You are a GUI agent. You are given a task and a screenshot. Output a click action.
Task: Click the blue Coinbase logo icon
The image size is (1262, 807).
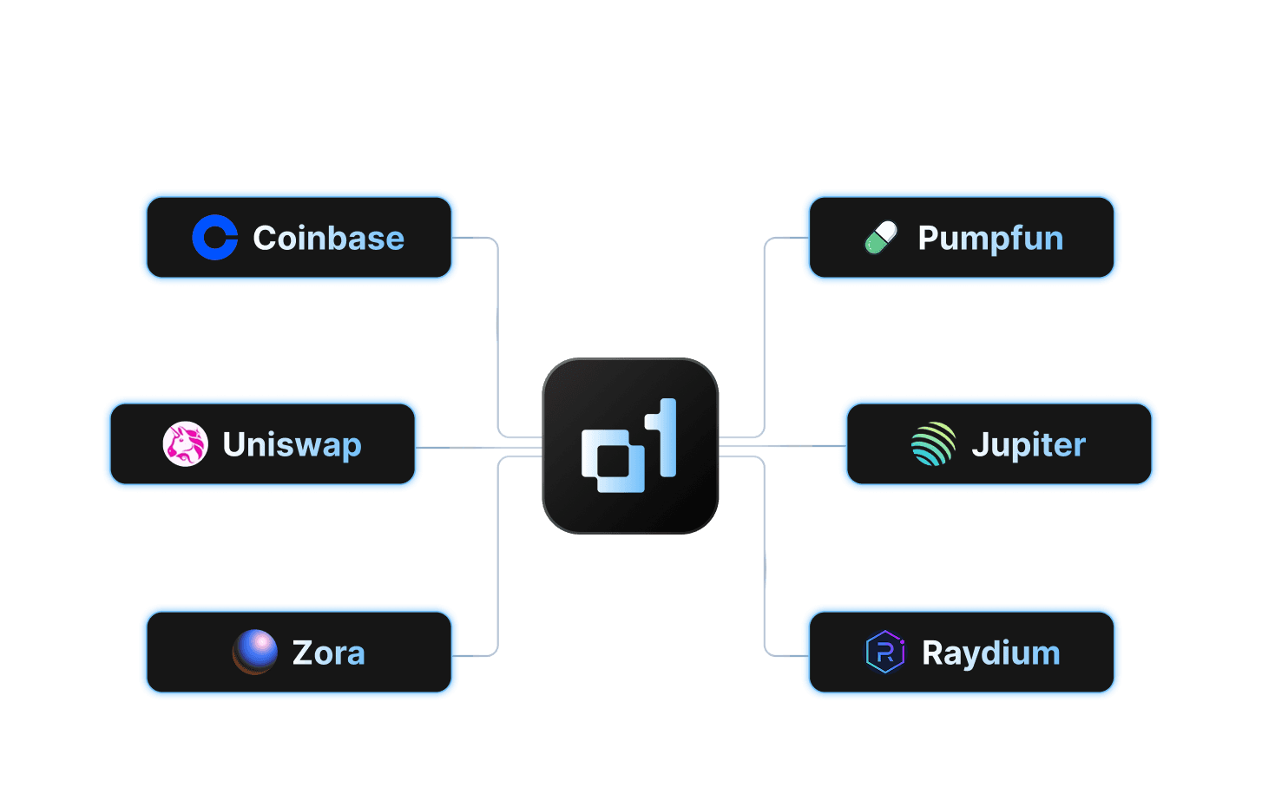click(x=214, y=238)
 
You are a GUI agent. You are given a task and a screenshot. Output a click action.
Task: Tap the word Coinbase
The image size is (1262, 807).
click(x=328, y=239)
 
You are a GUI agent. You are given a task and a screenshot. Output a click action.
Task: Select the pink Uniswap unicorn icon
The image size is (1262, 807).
click(x=185, y=444)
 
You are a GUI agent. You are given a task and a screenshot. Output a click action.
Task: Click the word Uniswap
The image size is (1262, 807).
click(x=292, y=445)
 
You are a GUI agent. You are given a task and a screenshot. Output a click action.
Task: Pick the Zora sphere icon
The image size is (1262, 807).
click(x=255, y=653)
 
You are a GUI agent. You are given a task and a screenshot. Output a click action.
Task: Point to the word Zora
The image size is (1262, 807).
click(x=328, y=653)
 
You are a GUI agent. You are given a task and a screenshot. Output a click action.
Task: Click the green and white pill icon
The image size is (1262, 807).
click(x=881, y=238)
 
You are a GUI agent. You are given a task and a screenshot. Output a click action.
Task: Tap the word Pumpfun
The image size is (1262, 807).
click(x=990, y=239)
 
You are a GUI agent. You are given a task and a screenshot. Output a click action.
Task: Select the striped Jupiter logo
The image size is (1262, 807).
click(x=933, y=444)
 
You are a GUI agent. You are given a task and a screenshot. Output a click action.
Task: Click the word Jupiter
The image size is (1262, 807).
click(x=1029, y=445)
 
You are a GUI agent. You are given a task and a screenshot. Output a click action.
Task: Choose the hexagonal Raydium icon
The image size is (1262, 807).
click(x=885, y=653)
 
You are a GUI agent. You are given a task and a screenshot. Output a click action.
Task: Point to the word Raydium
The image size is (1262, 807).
click(x=990, y=653)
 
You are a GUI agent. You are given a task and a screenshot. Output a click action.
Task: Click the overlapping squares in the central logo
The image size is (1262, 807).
click(x=612, y=461)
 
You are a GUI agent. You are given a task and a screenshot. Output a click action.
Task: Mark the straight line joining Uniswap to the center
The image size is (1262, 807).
click(x=482, y=448)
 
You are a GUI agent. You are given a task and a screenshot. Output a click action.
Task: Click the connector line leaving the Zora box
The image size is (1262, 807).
click(x=497, y=564)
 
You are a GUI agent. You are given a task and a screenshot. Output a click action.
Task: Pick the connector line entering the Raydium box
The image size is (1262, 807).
click(x=765, y=564)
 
